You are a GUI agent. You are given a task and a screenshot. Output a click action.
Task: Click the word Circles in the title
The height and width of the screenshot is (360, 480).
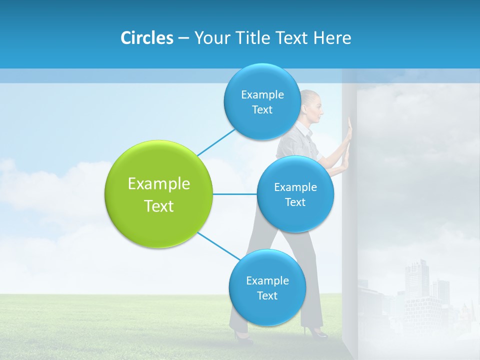tap(146, 38)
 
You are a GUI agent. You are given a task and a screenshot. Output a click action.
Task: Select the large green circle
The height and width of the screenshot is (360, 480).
tap(159, 194)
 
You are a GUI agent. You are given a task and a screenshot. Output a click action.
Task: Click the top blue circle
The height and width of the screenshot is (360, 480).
tap(262, 101)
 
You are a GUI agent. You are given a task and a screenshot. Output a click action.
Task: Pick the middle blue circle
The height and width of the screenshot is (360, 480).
tap(295, 194)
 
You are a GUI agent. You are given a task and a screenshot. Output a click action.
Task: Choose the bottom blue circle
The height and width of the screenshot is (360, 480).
tap(267, 287)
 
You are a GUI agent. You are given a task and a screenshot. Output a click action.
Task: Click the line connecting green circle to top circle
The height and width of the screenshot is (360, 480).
tap(216, 142)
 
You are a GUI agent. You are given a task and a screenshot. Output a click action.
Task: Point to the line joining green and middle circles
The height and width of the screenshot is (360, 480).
tap(235, 194)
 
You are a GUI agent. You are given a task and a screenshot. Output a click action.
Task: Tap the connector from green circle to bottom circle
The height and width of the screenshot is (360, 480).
tap(219, 246)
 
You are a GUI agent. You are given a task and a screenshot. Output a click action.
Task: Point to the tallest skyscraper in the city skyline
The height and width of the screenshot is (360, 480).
tap(416, 280)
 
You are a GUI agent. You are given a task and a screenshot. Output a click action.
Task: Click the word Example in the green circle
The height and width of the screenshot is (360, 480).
tap(159, 184)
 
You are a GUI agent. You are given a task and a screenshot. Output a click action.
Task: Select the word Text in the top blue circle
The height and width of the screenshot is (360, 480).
tap(262, 110)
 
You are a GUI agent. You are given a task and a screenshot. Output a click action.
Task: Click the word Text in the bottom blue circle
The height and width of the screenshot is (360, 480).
tap(267, 296)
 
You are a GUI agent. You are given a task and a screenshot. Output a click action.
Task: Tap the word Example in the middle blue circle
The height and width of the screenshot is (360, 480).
tap(295, 187)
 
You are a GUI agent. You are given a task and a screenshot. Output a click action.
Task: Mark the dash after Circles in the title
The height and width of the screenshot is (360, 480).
tap(183, 38)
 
